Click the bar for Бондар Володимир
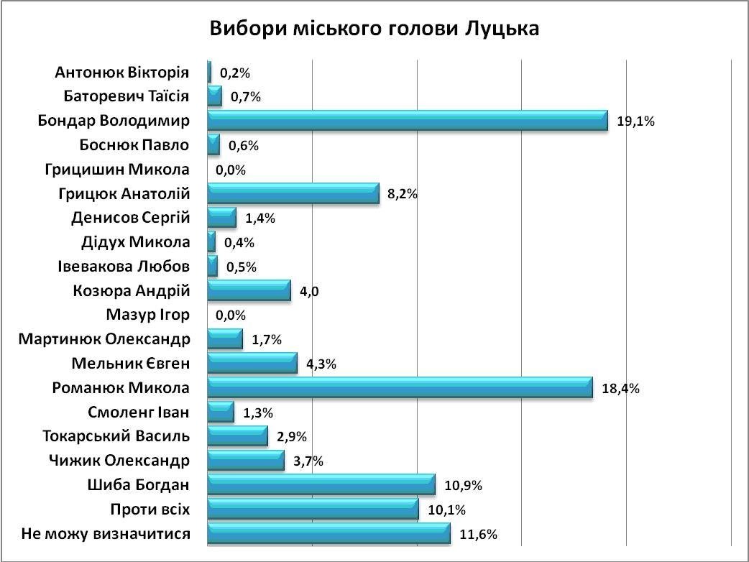pos(408,121)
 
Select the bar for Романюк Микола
pos(400,388)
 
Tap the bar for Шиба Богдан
pos(321,485)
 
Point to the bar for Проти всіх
pos(313,510)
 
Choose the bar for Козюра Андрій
pos(249,291)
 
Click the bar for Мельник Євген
pos(252,364)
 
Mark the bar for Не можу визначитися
pos(328,534)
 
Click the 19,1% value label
pos(635,121)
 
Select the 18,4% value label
pos(621,389)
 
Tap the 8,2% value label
pos(403,194)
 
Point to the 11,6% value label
pos(479,534)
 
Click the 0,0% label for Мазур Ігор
pos(231,315)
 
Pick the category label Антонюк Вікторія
pos(121,73)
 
